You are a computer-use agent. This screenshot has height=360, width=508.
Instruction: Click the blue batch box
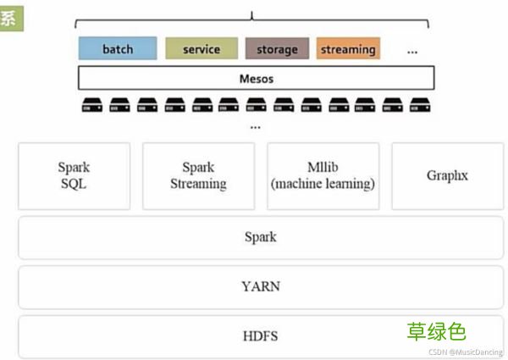pyautogui.click(x=118, y=48)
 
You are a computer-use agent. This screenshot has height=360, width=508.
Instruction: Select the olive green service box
pyautogui.click(x=201, y=48)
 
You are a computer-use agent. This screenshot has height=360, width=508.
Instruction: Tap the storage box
pyautogui.click(x=277, y=48)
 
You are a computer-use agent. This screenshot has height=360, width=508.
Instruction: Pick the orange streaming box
pyautogui.click(x=347, y=48)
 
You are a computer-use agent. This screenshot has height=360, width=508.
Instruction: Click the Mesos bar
pyautogui.click(x=256, y=79)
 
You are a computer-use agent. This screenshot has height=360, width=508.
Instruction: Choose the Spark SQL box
pyautogui.click(x=74, y=175)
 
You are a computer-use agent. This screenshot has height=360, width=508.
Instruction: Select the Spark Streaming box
pyautogui.click(x=198, y=175)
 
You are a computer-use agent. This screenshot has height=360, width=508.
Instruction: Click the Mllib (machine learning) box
pyautogui.click(x=323, y=175)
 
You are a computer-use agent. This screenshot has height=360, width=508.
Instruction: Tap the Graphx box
pyautogui.click(x=447, y=175)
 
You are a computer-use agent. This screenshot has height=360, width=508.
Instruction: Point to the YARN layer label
pyautogui.click(x=260, y=286)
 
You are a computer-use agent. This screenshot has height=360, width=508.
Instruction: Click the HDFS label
pyautogui.click(x=260, y=336)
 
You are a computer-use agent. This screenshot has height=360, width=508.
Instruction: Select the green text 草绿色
pyautogui.click(x=437, y=331)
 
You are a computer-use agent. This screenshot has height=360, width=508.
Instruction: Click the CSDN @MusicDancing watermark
pyautogui.click(x=465, y=352)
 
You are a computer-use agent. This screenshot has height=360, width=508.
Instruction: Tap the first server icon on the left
pyautogui.click(x=91, y=106)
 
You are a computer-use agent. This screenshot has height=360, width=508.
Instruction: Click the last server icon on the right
pyautogui.click(x=419, y=106)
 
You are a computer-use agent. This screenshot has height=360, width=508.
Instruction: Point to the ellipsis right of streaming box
pyautogui.click(x=412, y=52)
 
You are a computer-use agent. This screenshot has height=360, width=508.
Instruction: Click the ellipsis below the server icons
pyautogui.click(x=256, y=127)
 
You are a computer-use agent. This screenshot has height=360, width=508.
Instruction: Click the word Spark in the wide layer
pyautogui.click(x=260, y=237)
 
